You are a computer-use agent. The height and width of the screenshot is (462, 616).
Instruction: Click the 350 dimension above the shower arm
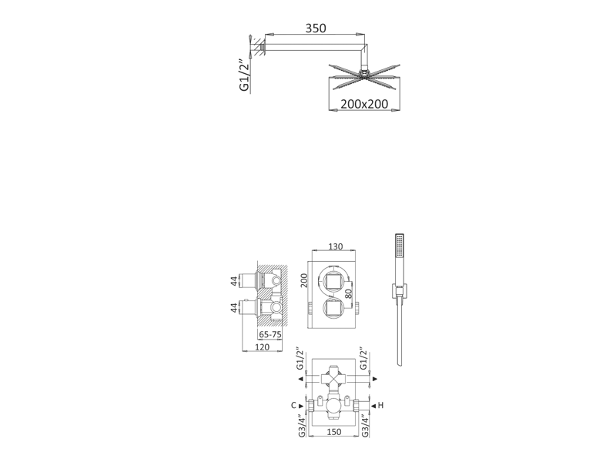pyautogui.click(x=316, y=28)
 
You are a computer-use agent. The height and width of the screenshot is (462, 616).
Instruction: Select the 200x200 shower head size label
pyautogui.click(x=364, y=104)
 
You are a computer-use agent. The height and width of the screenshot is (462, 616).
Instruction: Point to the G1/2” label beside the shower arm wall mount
pyautogui.click(x=244, y=75)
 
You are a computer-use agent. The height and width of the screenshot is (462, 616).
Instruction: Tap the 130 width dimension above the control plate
pyautogui.click(x=336, y=246)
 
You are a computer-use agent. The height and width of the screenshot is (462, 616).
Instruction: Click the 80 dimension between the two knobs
pyautogui.click(x=349, y=293)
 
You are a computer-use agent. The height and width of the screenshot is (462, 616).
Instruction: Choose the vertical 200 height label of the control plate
pyautogui.click(x=304, y=280)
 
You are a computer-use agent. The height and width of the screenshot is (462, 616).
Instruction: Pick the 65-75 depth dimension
pyautogui.click(x=270, y=334)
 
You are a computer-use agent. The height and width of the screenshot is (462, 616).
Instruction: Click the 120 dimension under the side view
pyautogui.click(x=262, y=347)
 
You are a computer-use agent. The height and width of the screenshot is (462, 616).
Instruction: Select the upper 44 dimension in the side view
pyautogui.click(x=234, y=281)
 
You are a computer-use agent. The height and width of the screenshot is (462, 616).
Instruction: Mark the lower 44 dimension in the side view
pyautogui.click(x=234, y=307)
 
